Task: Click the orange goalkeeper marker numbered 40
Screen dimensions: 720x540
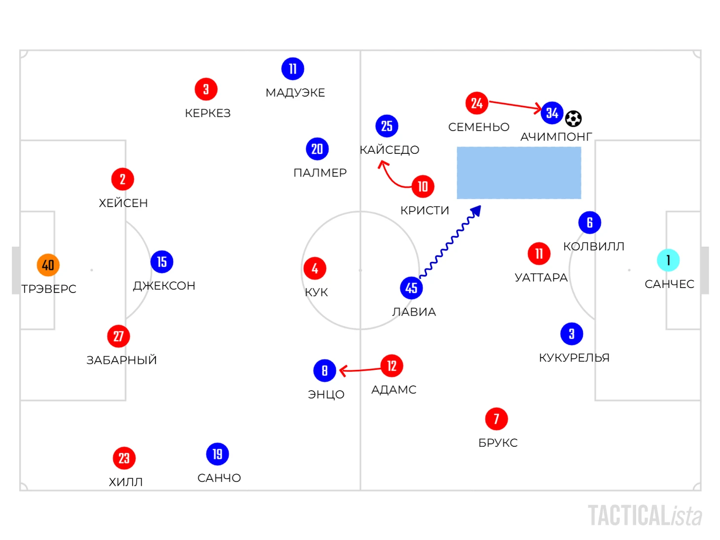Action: click(x=48, y=265)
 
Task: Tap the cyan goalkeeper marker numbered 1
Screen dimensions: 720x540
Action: click(x=668, y=260)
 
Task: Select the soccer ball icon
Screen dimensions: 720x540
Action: click(x=573, y=118)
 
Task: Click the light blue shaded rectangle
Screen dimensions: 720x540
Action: click(x=519, y=173)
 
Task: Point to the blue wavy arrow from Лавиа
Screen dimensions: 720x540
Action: click(x=450, y=242)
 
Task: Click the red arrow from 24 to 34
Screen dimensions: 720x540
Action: click(x=515, y=105)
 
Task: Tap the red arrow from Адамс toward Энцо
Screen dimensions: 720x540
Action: click(x=360, y=370)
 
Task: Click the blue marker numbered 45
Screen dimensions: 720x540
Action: click(x=411, y=288)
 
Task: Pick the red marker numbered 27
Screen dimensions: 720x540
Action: click(x=118, y=336)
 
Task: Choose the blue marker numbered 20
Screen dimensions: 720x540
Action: click(x=317, y=149)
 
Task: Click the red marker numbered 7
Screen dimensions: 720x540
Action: click(x=496, y=419)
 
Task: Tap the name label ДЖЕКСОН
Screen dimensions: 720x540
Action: click(x=164, y=286)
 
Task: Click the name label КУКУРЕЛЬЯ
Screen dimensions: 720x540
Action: click(x=575, y=358)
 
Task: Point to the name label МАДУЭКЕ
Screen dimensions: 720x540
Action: click(x=295, y=93)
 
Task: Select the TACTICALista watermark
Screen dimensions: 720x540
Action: click(x=645, y=516)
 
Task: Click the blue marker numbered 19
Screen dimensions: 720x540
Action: click(x=217, y=454)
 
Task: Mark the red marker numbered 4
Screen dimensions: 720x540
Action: click(x=315, y=269)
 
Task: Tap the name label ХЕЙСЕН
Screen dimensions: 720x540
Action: click(x=123, y=203)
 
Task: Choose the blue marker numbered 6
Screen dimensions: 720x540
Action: click(x=589, y=222)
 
